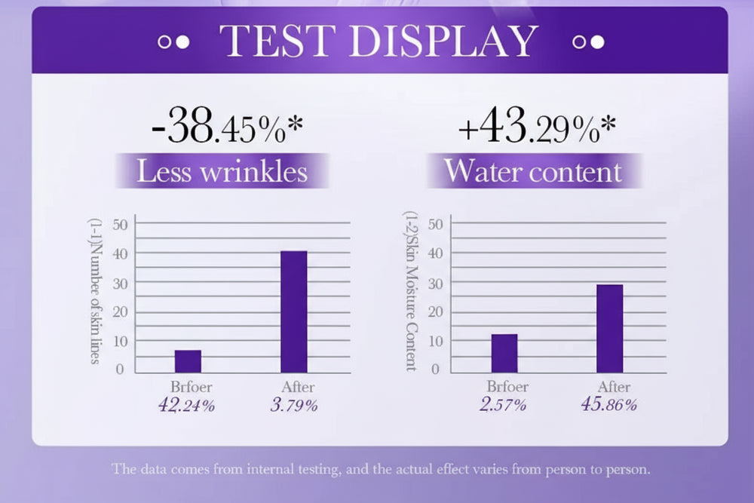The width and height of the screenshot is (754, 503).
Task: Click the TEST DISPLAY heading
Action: [x=379, y=42]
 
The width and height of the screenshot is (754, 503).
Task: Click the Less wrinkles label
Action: [x=222, y=171]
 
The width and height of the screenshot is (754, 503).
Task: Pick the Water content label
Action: [x=532, y=171]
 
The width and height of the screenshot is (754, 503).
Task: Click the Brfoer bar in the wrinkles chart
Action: [x=188, y=361]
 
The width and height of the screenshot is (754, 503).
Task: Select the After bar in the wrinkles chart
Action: [x=294, y=311]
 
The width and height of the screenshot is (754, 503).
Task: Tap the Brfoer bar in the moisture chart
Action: [x=504, y=353]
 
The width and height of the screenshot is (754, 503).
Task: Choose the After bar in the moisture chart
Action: [x=610, y=328]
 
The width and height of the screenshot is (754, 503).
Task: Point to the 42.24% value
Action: [x=186, y=405]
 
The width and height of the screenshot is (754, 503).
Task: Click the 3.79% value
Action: [x=294, y=405]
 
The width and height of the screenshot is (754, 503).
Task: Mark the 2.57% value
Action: [x=504, y=404]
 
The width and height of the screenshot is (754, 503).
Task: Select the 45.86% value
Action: [x=609, y=404]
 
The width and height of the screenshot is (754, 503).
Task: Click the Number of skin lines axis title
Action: [x=95, y=291]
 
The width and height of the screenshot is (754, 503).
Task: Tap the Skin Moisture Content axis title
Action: [x=410, y=291]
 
